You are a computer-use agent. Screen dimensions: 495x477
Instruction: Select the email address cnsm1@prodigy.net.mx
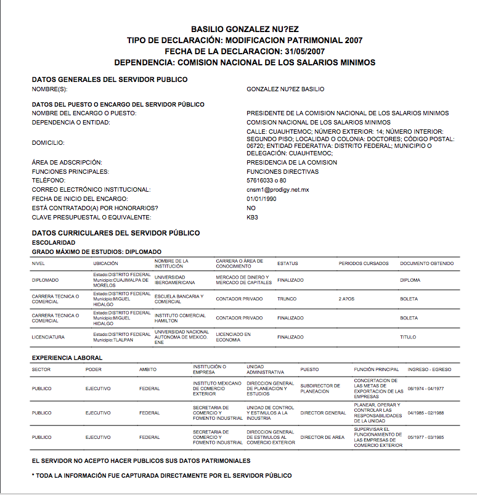coord(277,190)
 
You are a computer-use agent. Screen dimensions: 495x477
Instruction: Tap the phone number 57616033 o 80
coord(267,181)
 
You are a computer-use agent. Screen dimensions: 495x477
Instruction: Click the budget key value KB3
coord(252,218)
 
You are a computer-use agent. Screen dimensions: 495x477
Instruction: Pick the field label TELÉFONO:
coord(49,181)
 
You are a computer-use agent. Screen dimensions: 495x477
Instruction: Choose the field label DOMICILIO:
coord(48,142)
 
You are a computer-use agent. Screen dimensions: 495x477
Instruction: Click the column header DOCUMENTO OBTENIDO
coord(426,264)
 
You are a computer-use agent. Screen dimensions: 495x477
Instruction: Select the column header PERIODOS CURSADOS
coord(364,264)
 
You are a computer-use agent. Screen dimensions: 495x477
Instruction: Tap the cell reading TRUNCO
coord(287,299)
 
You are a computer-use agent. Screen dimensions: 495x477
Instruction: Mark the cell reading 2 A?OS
coord(347,299)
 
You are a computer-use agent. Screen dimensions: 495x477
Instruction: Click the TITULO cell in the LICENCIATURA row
coord(409,337)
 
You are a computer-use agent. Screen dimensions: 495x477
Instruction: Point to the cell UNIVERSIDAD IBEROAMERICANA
coord(174,280)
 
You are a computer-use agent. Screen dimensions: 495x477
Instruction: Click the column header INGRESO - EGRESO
coord(430,370)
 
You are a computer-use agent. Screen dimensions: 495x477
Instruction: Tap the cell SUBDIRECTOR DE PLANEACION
coord(320,388)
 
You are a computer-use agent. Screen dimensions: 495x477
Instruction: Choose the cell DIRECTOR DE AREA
coord(322,438)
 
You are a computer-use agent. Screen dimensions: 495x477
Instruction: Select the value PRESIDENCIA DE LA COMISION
coord(291,163)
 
